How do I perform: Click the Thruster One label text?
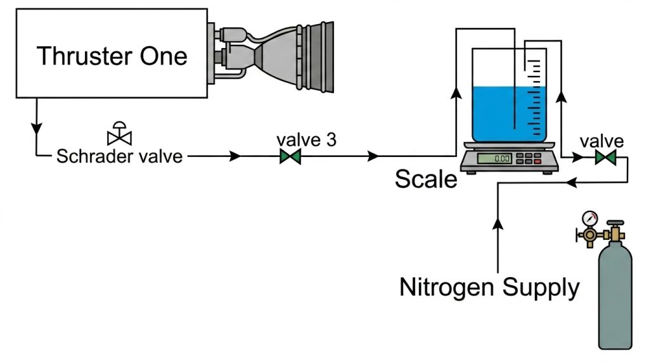(112, 56)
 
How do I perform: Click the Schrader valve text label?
(119, 156)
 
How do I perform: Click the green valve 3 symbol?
(290, 156)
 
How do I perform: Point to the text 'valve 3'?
(307, 139)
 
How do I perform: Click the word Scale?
(426, 179)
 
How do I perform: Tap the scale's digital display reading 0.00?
(494, 159)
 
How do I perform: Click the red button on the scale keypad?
(537, 161)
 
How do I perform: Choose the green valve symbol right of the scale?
(605, 158)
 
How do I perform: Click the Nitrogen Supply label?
(489, 287)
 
